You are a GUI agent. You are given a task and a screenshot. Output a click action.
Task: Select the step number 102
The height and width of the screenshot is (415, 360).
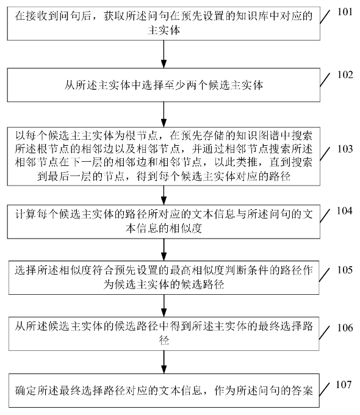[344, 76]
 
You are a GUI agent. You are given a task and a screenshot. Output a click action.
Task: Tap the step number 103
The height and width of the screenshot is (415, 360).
[344, 150]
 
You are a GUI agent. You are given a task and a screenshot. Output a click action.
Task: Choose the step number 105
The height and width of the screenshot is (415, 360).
[344, 269]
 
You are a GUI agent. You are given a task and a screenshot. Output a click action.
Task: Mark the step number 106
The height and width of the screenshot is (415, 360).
[344, 328]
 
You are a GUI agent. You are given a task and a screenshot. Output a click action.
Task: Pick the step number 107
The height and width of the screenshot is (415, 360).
[344, 384]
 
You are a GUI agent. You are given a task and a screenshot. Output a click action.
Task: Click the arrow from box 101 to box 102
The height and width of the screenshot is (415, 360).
[164, 54]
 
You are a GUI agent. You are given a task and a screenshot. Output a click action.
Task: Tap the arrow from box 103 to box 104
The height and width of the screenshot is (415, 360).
[164, 195]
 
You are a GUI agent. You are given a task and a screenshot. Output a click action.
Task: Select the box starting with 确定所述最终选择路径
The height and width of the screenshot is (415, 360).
[164, 391]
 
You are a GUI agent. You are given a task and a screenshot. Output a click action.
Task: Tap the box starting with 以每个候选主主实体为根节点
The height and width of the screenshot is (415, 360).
[164, 155]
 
